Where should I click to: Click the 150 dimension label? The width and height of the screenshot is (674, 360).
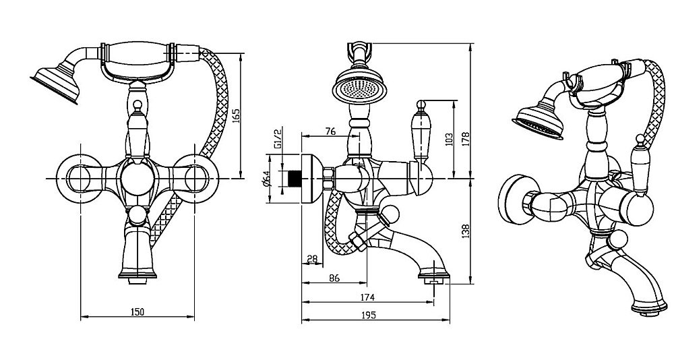pos(137,312)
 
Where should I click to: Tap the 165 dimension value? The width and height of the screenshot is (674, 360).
pos(236,116)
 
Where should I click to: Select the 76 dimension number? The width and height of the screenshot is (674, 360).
pos(330,131)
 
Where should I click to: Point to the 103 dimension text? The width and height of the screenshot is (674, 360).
pos(449,139)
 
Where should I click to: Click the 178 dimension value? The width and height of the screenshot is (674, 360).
pos(466,139)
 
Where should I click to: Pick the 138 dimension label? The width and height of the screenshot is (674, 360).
pos(466,231)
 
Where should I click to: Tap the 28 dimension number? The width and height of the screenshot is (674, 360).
pos(312,259)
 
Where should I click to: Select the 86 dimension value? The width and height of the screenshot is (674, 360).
pos(334,278)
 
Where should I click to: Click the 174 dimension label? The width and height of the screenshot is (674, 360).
pos(367,297)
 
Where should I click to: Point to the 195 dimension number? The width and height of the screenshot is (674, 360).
pos(369,316)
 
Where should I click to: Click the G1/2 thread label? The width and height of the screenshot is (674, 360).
pos(278,138)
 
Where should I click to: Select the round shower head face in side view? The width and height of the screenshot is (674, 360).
pos(360,88)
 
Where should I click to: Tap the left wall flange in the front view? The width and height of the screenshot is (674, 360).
pos(80,178)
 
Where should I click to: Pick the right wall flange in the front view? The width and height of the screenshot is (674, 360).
pos(195,178)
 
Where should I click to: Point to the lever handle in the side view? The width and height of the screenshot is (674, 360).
pos(420,134)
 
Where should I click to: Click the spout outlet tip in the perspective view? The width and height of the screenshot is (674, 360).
pos(648,309)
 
